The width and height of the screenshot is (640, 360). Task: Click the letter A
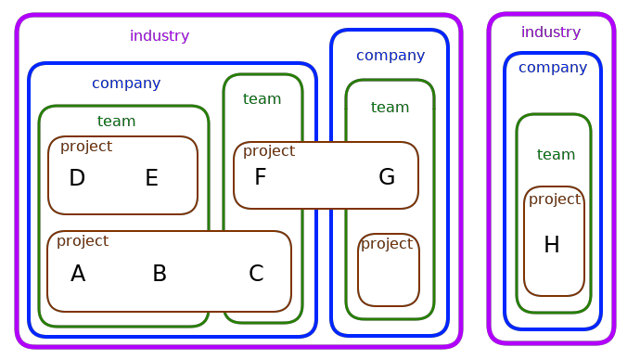tap(78, 274)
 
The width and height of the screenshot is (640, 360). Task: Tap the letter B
tap(160, 274)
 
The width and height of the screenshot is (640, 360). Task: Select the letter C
tap(256, 274)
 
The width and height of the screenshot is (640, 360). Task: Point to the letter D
tap(77, 178)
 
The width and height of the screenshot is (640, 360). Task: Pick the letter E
tap(151, 178)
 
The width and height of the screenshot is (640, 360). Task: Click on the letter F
tap(261, 177)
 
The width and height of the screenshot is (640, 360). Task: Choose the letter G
tap(387, 177)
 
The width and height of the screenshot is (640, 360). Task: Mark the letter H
tap(552, 245)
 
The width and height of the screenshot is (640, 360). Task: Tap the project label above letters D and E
tap(86, 147)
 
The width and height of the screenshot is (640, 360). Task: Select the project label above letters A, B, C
tap(83, 241)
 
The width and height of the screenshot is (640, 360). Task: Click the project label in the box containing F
tap(269, 151)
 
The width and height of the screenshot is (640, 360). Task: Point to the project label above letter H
tap(555, 199)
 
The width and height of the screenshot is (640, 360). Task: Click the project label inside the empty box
tap(387, 244)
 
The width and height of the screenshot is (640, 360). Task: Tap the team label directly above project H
tap(556, 155)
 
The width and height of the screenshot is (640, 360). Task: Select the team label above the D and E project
tap(116, 122)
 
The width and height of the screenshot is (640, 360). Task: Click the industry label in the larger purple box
tap(160, 36)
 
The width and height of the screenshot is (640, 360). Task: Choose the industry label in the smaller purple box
tap(551, 32)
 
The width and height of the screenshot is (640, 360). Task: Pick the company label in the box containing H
tap(553, 68)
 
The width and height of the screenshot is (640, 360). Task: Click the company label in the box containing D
tap(126, 84)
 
